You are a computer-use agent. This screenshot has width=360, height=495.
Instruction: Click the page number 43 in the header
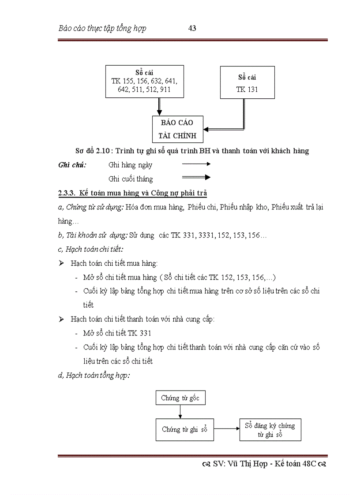click(x=192, y=29)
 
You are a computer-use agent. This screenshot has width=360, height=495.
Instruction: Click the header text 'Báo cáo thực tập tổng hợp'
click(x=102, y=29)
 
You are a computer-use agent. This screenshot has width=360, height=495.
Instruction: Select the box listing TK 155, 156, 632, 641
click(x=145, y=82)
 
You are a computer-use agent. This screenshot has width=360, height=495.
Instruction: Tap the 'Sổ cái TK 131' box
click(x=247, y=82)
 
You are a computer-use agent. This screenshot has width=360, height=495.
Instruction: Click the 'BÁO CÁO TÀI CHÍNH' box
click(x=176, y=129)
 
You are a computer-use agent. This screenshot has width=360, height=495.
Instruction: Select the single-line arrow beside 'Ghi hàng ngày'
click(x=196, y=164)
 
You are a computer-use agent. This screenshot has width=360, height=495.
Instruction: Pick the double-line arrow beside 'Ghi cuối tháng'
click(x=196, y=178)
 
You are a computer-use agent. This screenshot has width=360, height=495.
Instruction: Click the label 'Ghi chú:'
click(x=72, y=165)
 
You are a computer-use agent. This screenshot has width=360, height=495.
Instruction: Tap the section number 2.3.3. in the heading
click(x=67, y=193)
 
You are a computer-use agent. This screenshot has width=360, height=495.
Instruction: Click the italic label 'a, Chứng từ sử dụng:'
click(x=91, y=207)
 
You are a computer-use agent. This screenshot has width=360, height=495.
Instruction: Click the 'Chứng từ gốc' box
click(x=180, y=398)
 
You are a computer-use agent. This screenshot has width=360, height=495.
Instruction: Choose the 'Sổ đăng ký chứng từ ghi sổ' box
click(x=270, y=430)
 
